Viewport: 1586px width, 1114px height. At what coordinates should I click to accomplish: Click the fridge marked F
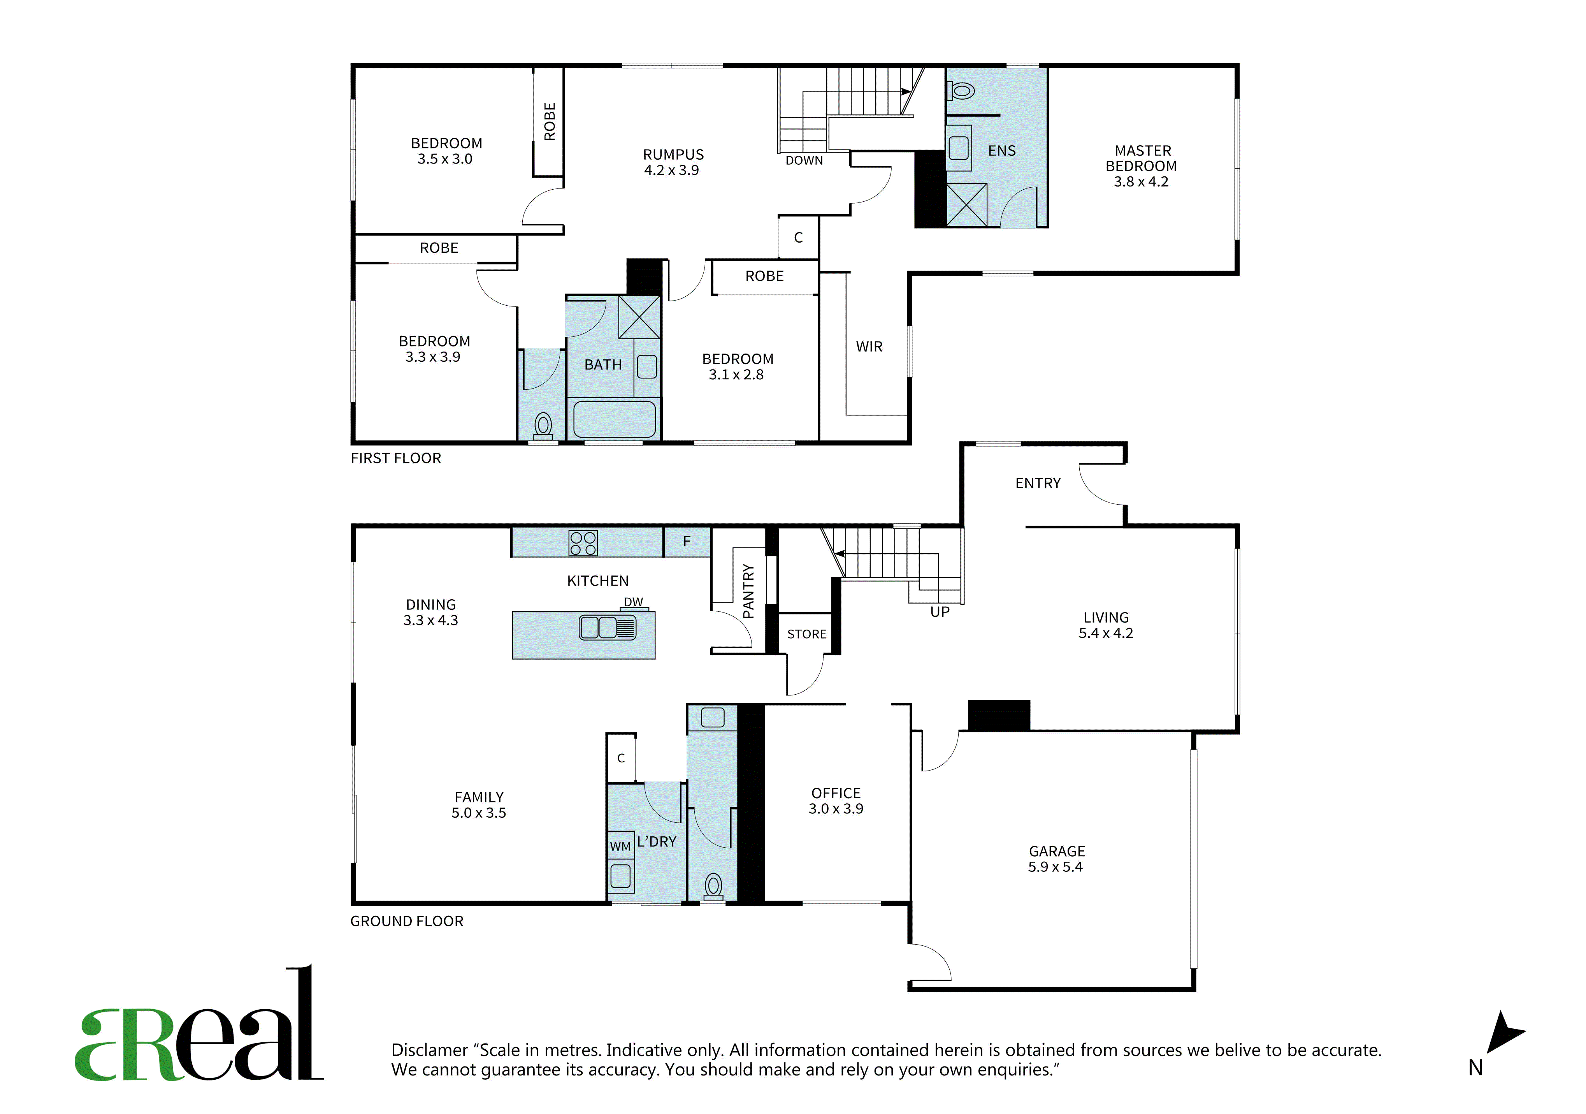point(687,542)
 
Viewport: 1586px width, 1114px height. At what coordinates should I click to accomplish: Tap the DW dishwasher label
point(634,602)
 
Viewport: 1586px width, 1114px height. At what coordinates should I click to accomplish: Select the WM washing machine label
point(620,846)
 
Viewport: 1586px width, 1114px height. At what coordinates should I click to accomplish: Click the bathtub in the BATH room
point(614,419)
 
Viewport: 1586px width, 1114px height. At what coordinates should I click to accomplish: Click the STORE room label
point(807,634)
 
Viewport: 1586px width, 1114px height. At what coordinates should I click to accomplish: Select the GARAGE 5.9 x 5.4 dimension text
point(1056,867)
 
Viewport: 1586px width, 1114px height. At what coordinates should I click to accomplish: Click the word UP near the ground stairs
point(940,612)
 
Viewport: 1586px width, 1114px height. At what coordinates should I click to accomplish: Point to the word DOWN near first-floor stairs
point(804,160)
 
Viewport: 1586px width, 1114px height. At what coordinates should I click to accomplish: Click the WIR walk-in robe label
point(869,347)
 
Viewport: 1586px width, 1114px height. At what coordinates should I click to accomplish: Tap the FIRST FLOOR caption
point(396,458)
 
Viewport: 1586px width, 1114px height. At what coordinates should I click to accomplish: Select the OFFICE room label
point(836,793)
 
